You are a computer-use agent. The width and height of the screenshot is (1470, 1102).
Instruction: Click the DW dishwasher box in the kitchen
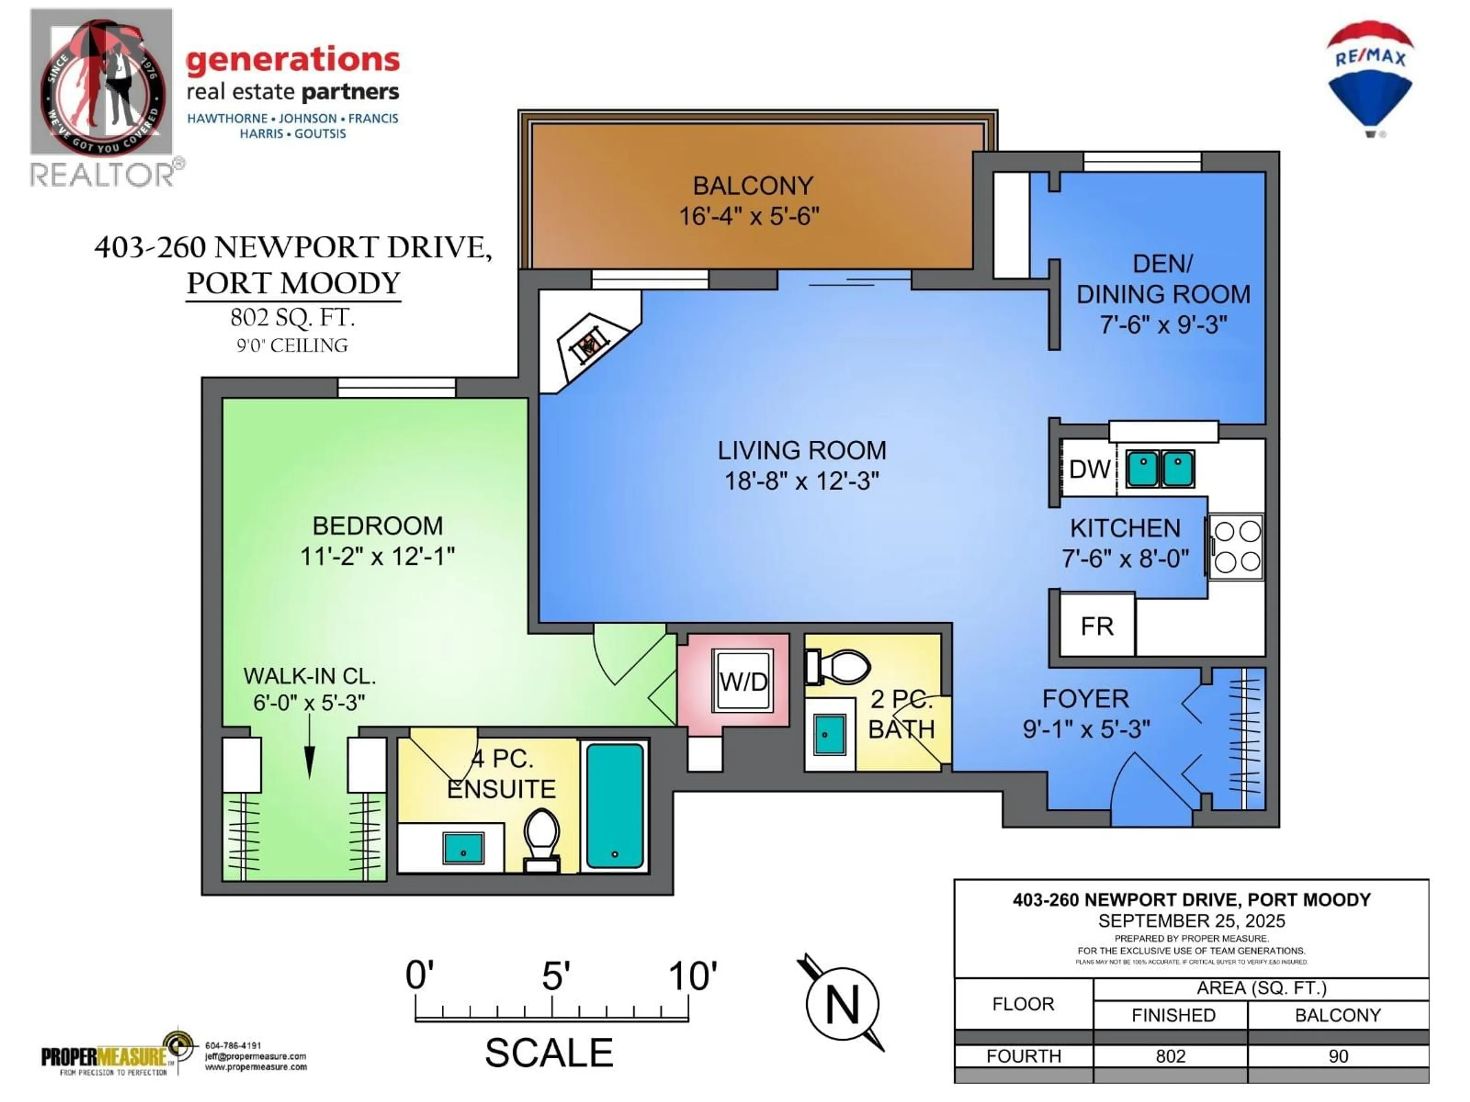(x=1089, y=469)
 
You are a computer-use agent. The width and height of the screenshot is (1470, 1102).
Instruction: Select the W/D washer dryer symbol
(x=743, y=681)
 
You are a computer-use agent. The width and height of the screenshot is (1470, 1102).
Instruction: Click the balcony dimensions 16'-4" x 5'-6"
(x=749, y=216)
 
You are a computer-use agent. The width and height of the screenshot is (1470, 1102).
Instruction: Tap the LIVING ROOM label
(x=802, y=450)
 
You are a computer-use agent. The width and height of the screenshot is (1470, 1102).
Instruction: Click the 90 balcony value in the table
(x=1338, y=1056)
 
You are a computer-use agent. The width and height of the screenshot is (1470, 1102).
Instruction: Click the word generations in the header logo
(x=292, y=60)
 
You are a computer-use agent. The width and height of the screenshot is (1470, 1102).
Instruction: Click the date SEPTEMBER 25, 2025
(x=1191, y=921)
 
